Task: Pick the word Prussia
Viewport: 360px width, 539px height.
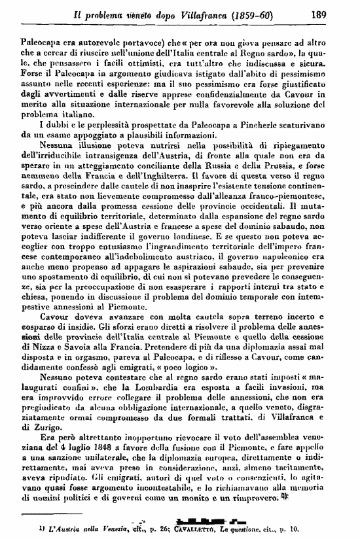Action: pyautogui.click(x=302, y=166)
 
